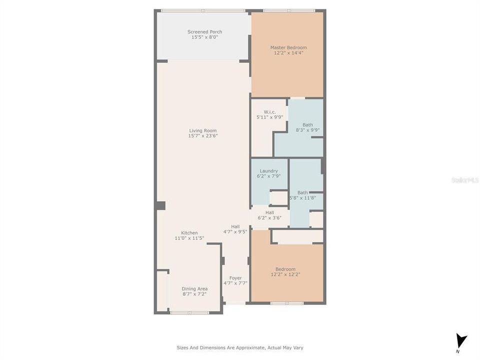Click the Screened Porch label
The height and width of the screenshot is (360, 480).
click(x=204, y=32)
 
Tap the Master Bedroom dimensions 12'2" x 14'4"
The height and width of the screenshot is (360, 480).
click(x=288, y=53)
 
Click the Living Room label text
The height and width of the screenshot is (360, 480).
click(x=202, y=130)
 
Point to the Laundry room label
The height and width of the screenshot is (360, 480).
click(x=268, y=171)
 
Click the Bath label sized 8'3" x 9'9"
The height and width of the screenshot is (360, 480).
click(x=307, y=124)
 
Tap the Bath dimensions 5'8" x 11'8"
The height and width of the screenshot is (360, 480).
click(x=302, y=198)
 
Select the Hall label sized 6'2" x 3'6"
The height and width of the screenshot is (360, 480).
click(x=269, y=212)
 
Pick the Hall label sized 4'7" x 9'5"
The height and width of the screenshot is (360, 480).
click(x=235, y=226)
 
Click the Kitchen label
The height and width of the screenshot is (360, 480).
click(x=189, y=233)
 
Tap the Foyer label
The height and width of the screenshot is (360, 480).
click(x=235, y=278)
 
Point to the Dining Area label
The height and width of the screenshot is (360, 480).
click(x=194, y=288)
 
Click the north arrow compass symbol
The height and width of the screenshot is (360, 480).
click(x=461, y=341)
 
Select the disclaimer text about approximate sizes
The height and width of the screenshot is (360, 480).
click(x=239, y=347)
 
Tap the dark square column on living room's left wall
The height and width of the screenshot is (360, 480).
click(x=160, y=205)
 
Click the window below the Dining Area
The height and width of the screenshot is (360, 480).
click(x=189, y=313)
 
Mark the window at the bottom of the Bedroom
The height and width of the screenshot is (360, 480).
click(x=287, y=303)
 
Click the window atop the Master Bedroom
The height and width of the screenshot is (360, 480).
click(x=289, y=10)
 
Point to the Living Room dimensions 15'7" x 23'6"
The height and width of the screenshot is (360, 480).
click(x=202, y=136)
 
